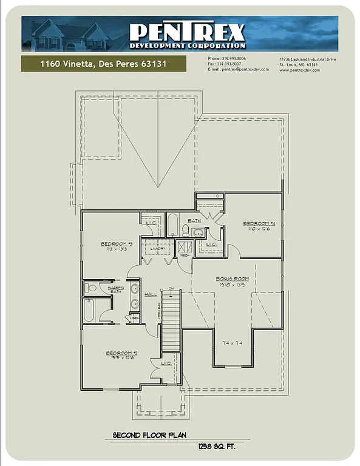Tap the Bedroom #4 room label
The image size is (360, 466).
click(256, 223)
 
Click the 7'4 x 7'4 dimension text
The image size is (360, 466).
click(233, 343)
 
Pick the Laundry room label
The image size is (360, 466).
click(158, 249)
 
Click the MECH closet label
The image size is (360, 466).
click(185, 255)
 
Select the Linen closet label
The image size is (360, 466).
click(134, 318)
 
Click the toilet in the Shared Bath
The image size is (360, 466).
click(90, 288)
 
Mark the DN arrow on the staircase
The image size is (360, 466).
click(171, 289)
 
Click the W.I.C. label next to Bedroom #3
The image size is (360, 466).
click(151, 223)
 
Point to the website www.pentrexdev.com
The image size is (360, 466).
click(299, 70)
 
